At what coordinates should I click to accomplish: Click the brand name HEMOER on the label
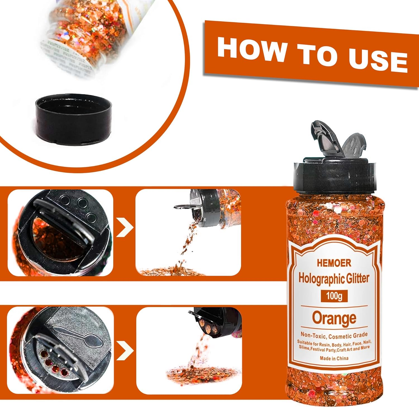[x=334, y=263]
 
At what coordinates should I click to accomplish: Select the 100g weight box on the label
[x=334, y=296]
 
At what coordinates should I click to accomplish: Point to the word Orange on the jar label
[x=334, y=318]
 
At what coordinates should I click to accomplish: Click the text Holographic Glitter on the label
[x=334, y=278]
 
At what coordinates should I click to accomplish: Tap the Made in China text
[x=334, y=358]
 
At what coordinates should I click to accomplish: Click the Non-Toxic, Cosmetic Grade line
[x=334, y=335]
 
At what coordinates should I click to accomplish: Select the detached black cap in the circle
[x=74, y=119]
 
